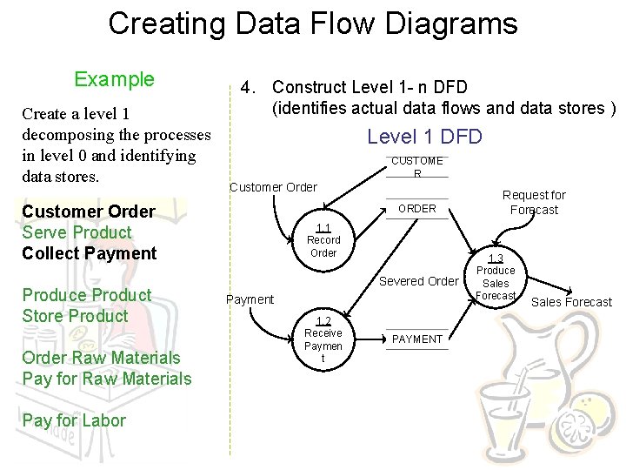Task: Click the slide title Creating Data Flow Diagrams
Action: pyautogui.click(x=312, y=23)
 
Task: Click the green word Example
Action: pyautogui.click(x=114, y=80)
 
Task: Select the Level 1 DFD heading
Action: pyautogui.click(x=424, y=137)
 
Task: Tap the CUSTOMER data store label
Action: pyautogui.click(x=417, y=166)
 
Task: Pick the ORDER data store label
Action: pyautogui.click(x=417, y=209)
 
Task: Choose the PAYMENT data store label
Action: pyautogui.click(x=417, y=339)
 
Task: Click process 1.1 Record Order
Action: pyautogui.click(x=323, y=240)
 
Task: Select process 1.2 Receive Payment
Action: pyautogui.click(x=323, y=339)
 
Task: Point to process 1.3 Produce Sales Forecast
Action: pyautogui.click(x=496, y=278)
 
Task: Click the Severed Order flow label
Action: pyautogui.click(x=418, y=281)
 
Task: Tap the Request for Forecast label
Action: pyautogui.click(x=534, y=202)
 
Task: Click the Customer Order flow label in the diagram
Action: pyautogui.click(x=273, y=187)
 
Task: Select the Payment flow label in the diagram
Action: pyautogui.click(x=250, y=299)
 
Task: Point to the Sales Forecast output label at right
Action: pyautogui.click(x=571, y=302)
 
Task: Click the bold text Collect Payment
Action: pyautogui.click(x=89, y=253)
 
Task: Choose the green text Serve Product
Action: pyautogui.click(x=77, y=232)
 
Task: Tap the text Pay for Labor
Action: pyautogui.click(x=74, y=420)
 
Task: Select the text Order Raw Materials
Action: pyautogui.click(x=101, y=358)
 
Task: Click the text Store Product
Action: pyautogui.click(x=75, y=316)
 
